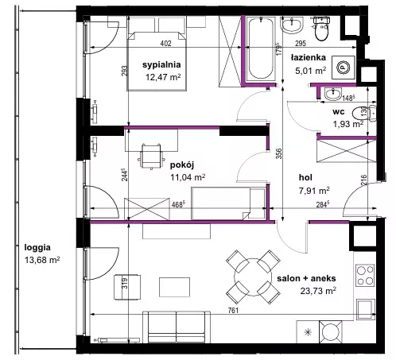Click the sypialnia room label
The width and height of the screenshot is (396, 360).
[161, 65]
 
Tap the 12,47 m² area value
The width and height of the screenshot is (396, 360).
[163, 77]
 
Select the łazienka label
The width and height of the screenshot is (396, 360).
[309, 57]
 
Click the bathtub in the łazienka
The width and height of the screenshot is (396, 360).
[261, 48]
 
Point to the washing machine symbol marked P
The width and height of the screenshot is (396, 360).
[344, 68]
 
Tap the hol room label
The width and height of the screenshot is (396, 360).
[305, 177]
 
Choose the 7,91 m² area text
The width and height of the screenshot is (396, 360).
[314, 191]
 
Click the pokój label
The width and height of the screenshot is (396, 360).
[182, 165]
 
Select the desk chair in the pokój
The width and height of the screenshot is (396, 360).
[151, 156]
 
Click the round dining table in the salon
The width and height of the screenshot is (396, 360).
[253, 277]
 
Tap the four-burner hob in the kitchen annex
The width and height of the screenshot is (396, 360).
[365, 275]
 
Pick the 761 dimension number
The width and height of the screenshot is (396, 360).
[233, 310]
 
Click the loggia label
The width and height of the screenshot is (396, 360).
[37, 248]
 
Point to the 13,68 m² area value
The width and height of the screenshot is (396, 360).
[42, 260]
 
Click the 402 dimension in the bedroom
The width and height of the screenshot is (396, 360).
[165, 43]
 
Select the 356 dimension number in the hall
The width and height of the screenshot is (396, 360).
[278, 153]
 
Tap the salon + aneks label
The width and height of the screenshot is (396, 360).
[306, 278]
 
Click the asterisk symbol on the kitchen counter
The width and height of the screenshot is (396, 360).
[308, 332]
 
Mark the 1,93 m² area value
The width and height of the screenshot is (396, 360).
[348, 124]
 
